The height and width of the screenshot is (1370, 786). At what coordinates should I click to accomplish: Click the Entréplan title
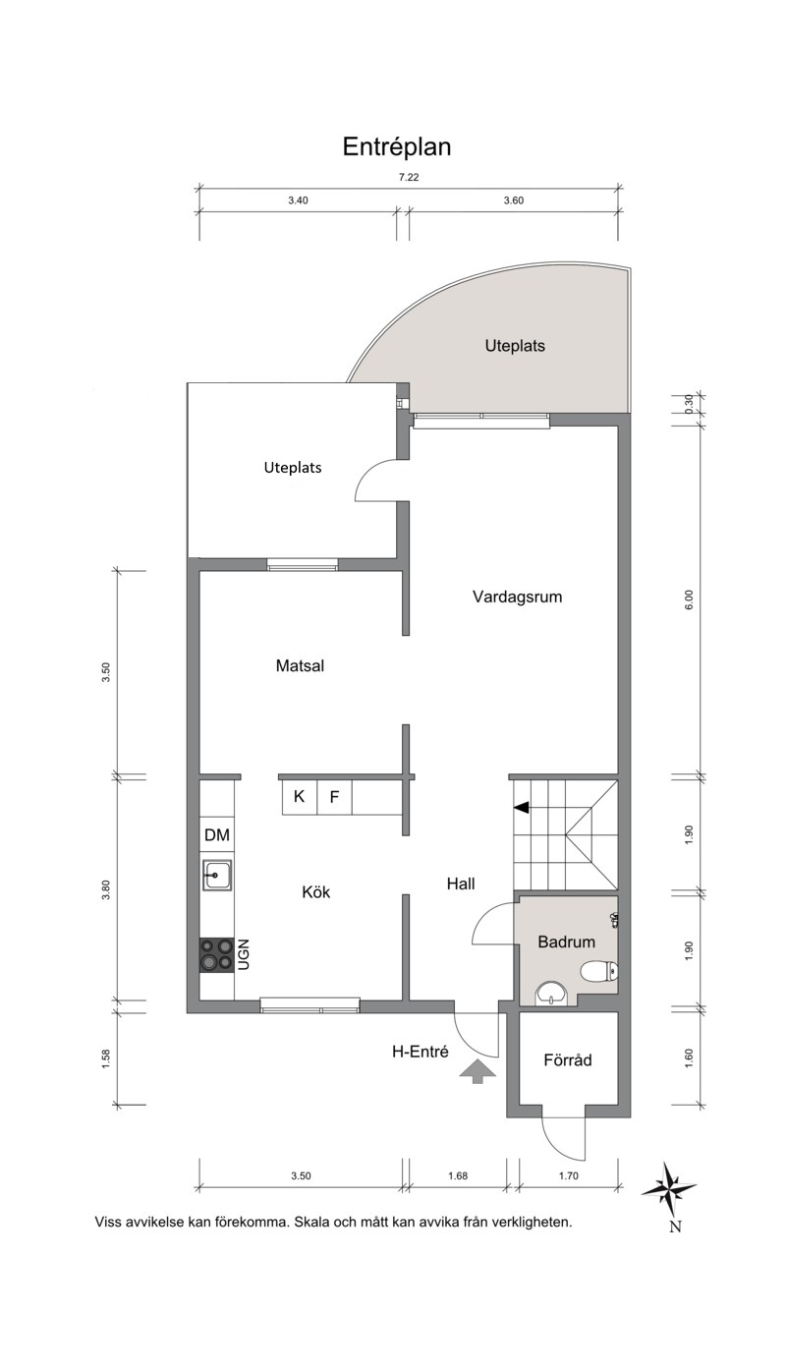click(x=397, y=147)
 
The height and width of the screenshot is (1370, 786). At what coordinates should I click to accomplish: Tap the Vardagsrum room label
click(x=517, y=598)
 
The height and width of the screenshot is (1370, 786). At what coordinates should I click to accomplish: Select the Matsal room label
click(x=300, y=665)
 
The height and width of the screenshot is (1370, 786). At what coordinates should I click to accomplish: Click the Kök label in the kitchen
click(x=316, y=892)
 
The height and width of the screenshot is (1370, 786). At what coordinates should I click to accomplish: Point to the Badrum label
click(x=567, y=942)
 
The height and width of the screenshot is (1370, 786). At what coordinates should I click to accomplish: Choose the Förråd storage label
click(x=568, y=1059)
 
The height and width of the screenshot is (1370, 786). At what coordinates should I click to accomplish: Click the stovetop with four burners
click(x=217, y=954)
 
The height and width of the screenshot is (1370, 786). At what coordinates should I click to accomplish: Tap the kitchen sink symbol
click(x=217, y=876)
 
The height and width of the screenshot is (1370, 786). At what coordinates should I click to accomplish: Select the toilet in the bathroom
click(x=599, y=971)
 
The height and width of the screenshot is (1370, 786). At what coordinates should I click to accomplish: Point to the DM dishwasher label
click(x=217, y=834)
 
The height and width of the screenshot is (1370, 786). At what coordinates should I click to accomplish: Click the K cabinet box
click(x=299, y=797)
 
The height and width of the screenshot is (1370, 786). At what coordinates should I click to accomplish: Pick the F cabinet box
click(x=334, y=797)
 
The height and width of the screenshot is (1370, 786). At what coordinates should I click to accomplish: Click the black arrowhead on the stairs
click(x=521, y=808)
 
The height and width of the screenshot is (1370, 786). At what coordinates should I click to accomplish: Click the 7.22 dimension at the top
click(x=409, y=178)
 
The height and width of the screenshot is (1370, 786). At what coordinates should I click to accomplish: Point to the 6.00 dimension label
click(x=689, y=599)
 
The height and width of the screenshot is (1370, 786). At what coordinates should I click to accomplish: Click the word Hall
click(x=461, y=884)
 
